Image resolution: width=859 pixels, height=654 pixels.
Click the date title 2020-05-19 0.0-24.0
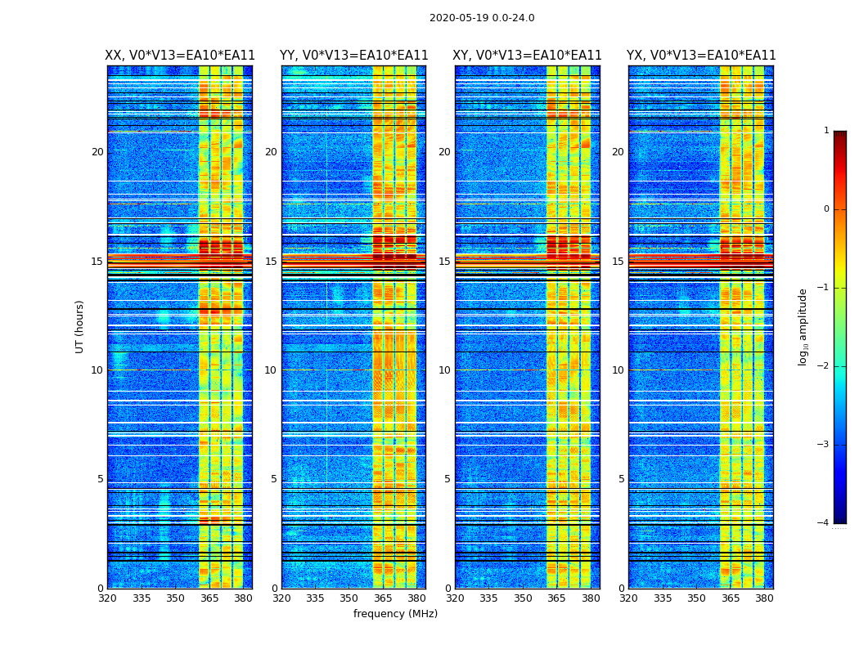(482, 18)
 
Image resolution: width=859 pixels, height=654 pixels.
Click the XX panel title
(180, 56)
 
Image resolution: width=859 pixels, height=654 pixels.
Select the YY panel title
(353, 56)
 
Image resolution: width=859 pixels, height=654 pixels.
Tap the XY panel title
(527, 56)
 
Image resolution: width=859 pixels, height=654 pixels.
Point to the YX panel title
(701, 56)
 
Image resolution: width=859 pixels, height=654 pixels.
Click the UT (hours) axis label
(79, 326)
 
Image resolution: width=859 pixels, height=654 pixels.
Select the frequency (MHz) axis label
(395, 614)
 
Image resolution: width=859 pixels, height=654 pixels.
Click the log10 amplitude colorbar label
(803, 326)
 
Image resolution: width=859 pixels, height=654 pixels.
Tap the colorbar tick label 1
(826, 131)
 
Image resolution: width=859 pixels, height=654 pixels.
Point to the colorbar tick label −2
(824, 366)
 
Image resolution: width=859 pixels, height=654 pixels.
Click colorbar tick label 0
(826, 209)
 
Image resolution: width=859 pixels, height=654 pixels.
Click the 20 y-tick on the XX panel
(97, 152)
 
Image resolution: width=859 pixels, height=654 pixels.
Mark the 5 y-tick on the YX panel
(621, 479)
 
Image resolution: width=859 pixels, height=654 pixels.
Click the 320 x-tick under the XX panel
(107, 598)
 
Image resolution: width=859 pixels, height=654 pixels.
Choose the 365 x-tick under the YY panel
(383, 598)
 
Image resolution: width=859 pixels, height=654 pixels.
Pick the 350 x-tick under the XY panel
(523, 598)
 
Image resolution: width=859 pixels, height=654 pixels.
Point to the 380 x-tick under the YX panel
(764, 598)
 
